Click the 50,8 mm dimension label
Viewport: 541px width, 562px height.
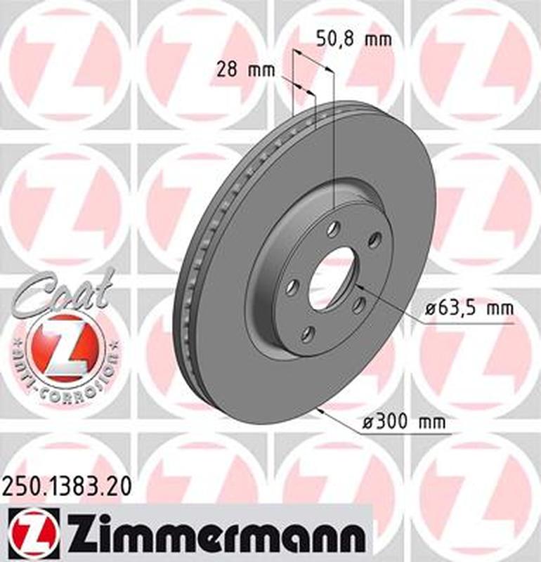(x=353, y=39)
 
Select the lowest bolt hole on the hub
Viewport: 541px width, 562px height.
(x=306, y=334)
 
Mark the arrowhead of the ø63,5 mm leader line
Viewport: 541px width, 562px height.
(x=359, y=286)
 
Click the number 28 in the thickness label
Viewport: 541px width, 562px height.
(x=226, y=70)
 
